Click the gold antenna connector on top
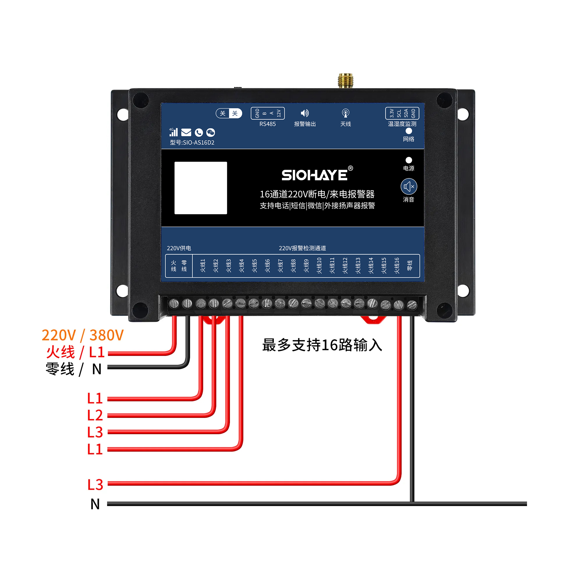(x=345, y=80)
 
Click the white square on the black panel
(x=200, y=188)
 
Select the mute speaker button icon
(x=409, y=187)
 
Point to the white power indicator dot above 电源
(x=409, y=160)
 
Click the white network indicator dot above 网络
(x=409, y=131)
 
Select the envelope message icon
(x=186, y=132)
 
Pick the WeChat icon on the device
(x=211, y=132)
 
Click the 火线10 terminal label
(x=319, y=265)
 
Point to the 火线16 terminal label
(x=396, y=265)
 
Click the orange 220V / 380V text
(x=83, y=335)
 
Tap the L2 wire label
(x=95, y=416)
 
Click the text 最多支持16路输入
(x=322, y=345)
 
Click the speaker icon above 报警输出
(x=305, y=113)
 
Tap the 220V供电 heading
(x=179, y=248)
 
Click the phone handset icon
(x=199, y=132)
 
